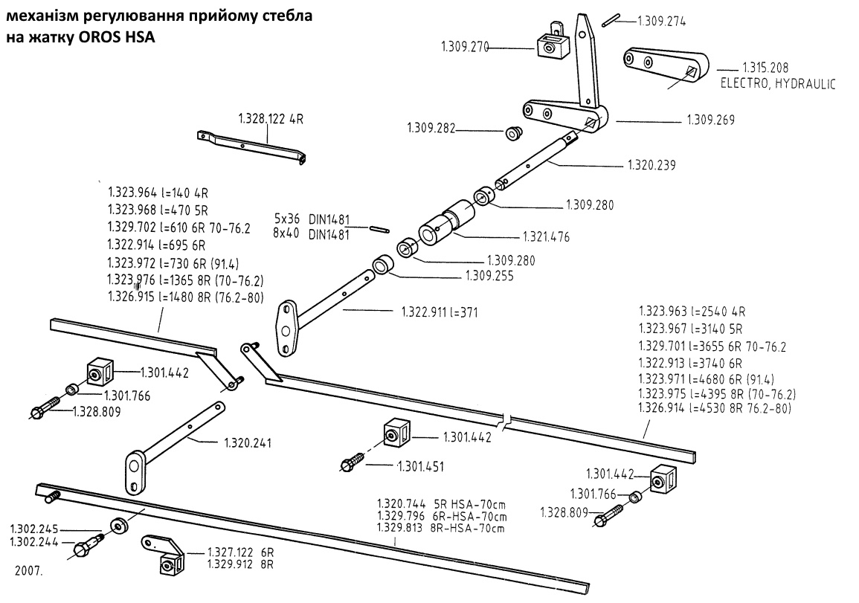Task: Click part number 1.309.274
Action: pyautogui.click(x=661, y=22)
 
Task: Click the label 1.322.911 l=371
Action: pyautogui.click(x=439, y=312)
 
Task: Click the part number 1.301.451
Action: pyautogui.click(x=422, y=467)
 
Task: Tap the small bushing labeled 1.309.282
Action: pyautogui.click(x=513, y=134)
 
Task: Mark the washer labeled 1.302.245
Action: pyautogui.click(x=118, y=526)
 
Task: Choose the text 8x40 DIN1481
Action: pyautogui.click(x=312, y=232)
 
